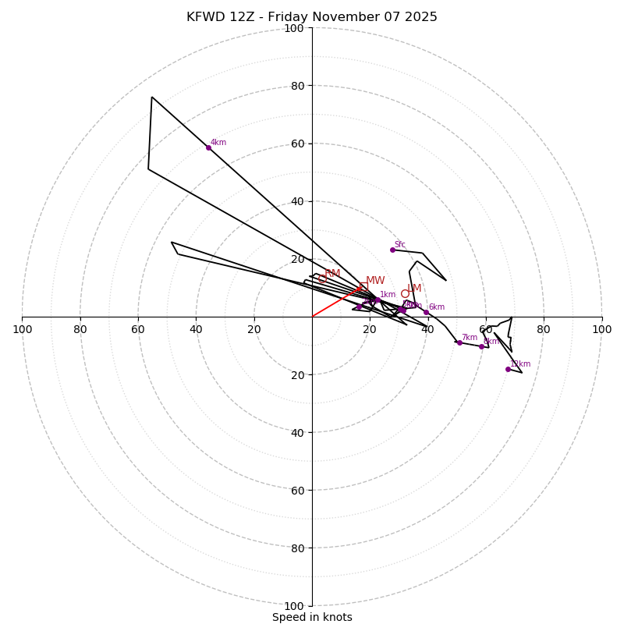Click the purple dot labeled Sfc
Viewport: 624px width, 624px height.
[x=392, y=250]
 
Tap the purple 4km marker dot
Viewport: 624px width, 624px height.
[x=208, y=147]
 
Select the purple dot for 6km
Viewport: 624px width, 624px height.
[x=426, y=313]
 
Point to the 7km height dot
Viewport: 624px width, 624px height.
[x=459, y=342]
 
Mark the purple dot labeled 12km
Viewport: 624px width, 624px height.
[x=508, y=369]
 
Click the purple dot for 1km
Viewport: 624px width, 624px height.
[x=378, y=300]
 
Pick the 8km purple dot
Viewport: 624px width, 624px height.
[x=481, y=346]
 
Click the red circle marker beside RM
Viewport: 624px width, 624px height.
[x=322, y=278]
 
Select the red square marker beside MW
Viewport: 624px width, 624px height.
[x=363, y=287]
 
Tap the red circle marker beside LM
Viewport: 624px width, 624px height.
[x=405, y=294]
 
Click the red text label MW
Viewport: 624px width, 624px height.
[x=375, y=281]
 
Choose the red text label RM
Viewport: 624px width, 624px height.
[x=332, y=274]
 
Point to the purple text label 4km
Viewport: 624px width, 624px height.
[x=218, y=143]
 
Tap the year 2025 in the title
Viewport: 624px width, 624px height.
[x=421, y=17]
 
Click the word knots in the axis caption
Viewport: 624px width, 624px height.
[x=337, y=618]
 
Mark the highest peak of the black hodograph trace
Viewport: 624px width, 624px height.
[x=152, y=97]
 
